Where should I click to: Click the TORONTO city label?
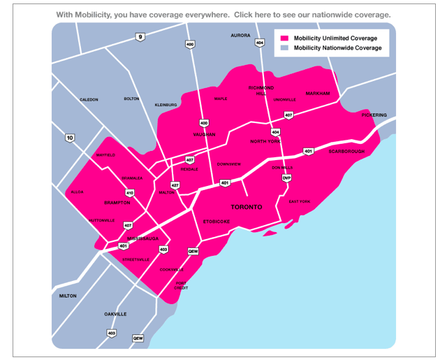(x=247, y=208)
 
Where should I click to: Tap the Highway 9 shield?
(x=140, y=37)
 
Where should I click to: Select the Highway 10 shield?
(x=69, y=138)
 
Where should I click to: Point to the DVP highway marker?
(x=286, y=178)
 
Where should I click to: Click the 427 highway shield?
(x=175, y=185)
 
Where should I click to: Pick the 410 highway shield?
(x=130, y=192)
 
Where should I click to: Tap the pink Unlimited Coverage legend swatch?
(x=284, y=38)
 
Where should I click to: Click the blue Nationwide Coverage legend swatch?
(x=284, y=48)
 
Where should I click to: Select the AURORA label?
(x=240, y=35)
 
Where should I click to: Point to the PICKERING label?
(x=374, y=115)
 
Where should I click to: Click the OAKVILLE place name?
(x=115, y=314)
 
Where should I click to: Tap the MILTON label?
(x=68, y=296)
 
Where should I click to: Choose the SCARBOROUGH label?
(x=346, y=151)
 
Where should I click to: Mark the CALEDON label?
(x=89, y=99)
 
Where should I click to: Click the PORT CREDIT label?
(x=182, y=285)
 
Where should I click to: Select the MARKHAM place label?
(x=316, y=93)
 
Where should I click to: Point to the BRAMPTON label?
(x=117, y=203)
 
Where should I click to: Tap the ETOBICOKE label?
(x=217, y=222)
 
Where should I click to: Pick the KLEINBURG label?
(x=166, y=105)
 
